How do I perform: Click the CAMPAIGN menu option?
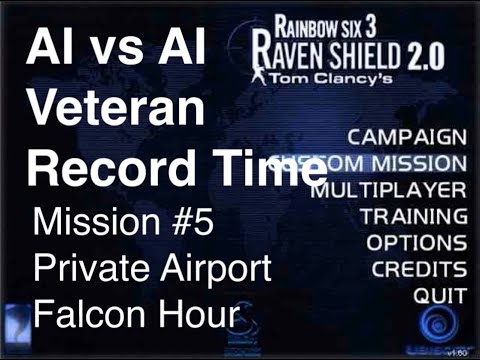point(405,137)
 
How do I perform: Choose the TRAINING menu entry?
point(413,215)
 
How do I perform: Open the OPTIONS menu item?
point(416,242)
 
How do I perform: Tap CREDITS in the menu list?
point(418,268)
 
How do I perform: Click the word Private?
point(90,267)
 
